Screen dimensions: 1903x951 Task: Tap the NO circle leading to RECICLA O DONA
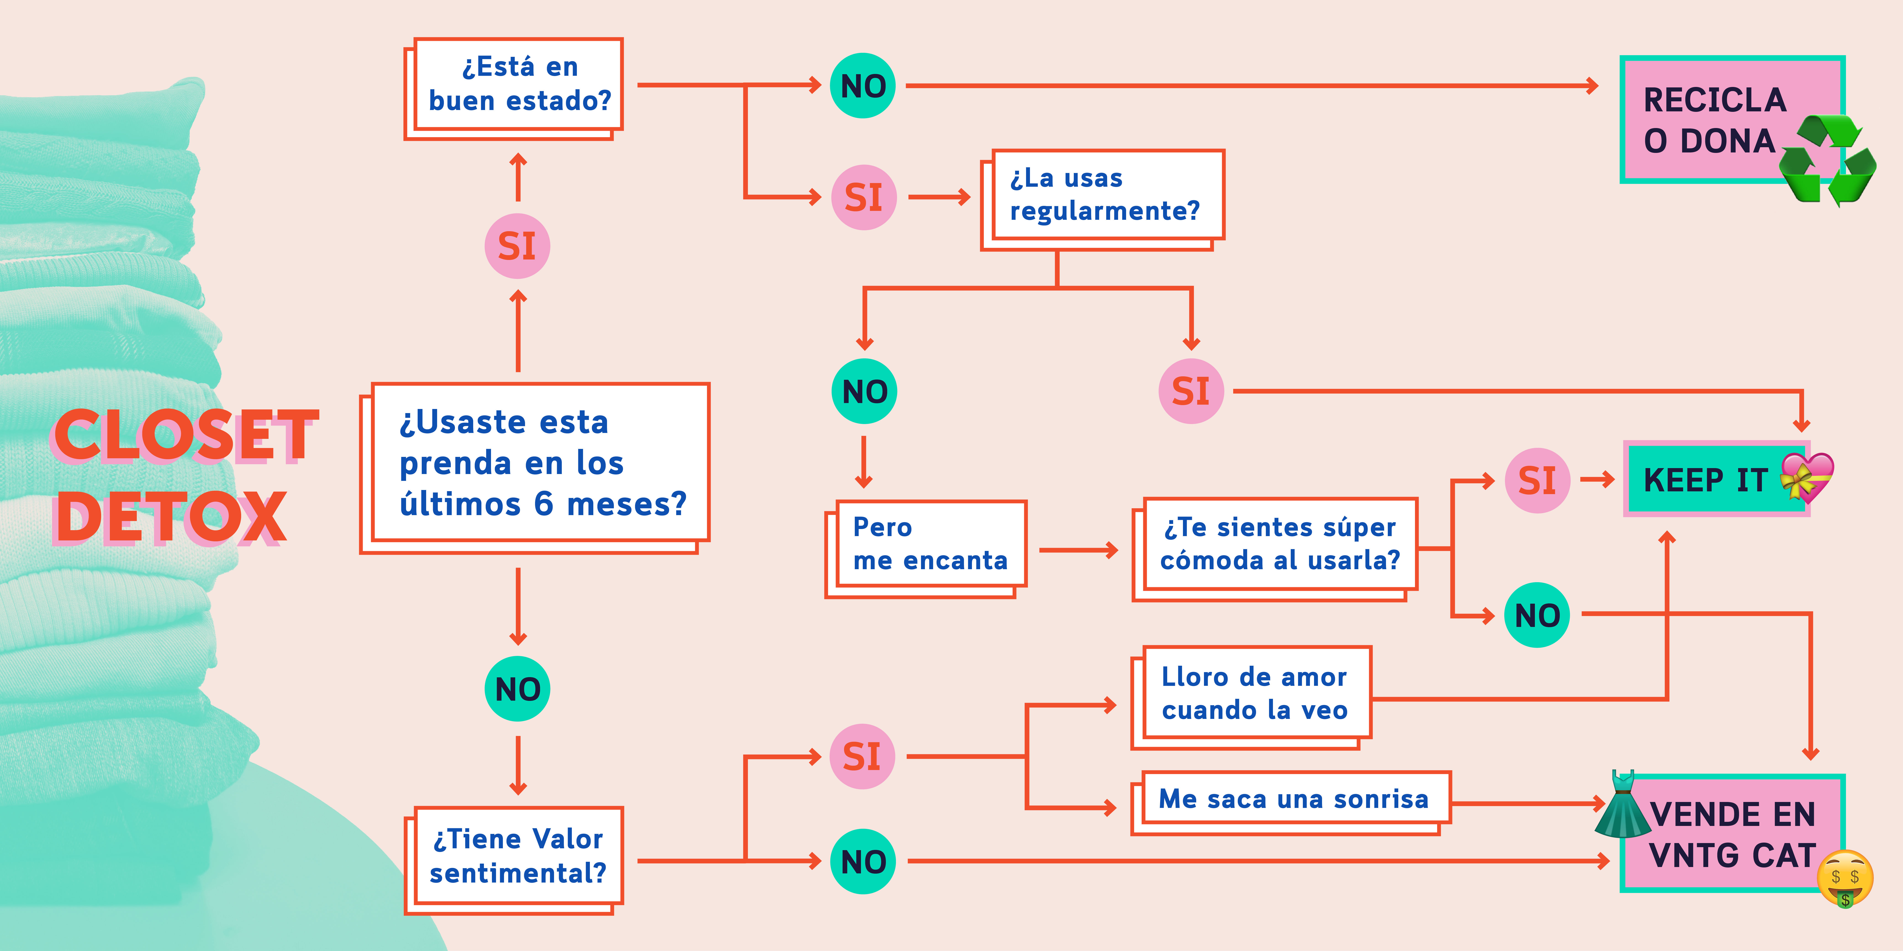[x=863, y=86]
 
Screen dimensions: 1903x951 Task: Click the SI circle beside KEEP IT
[x=1537, y=481]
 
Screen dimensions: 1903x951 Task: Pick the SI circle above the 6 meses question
[x=517, y=246]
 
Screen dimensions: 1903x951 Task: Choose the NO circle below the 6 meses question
[x=517, y=689]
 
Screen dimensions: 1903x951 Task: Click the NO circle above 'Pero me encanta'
[x=864, y=391]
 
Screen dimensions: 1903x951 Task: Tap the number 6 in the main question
[x=544, y=504]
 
